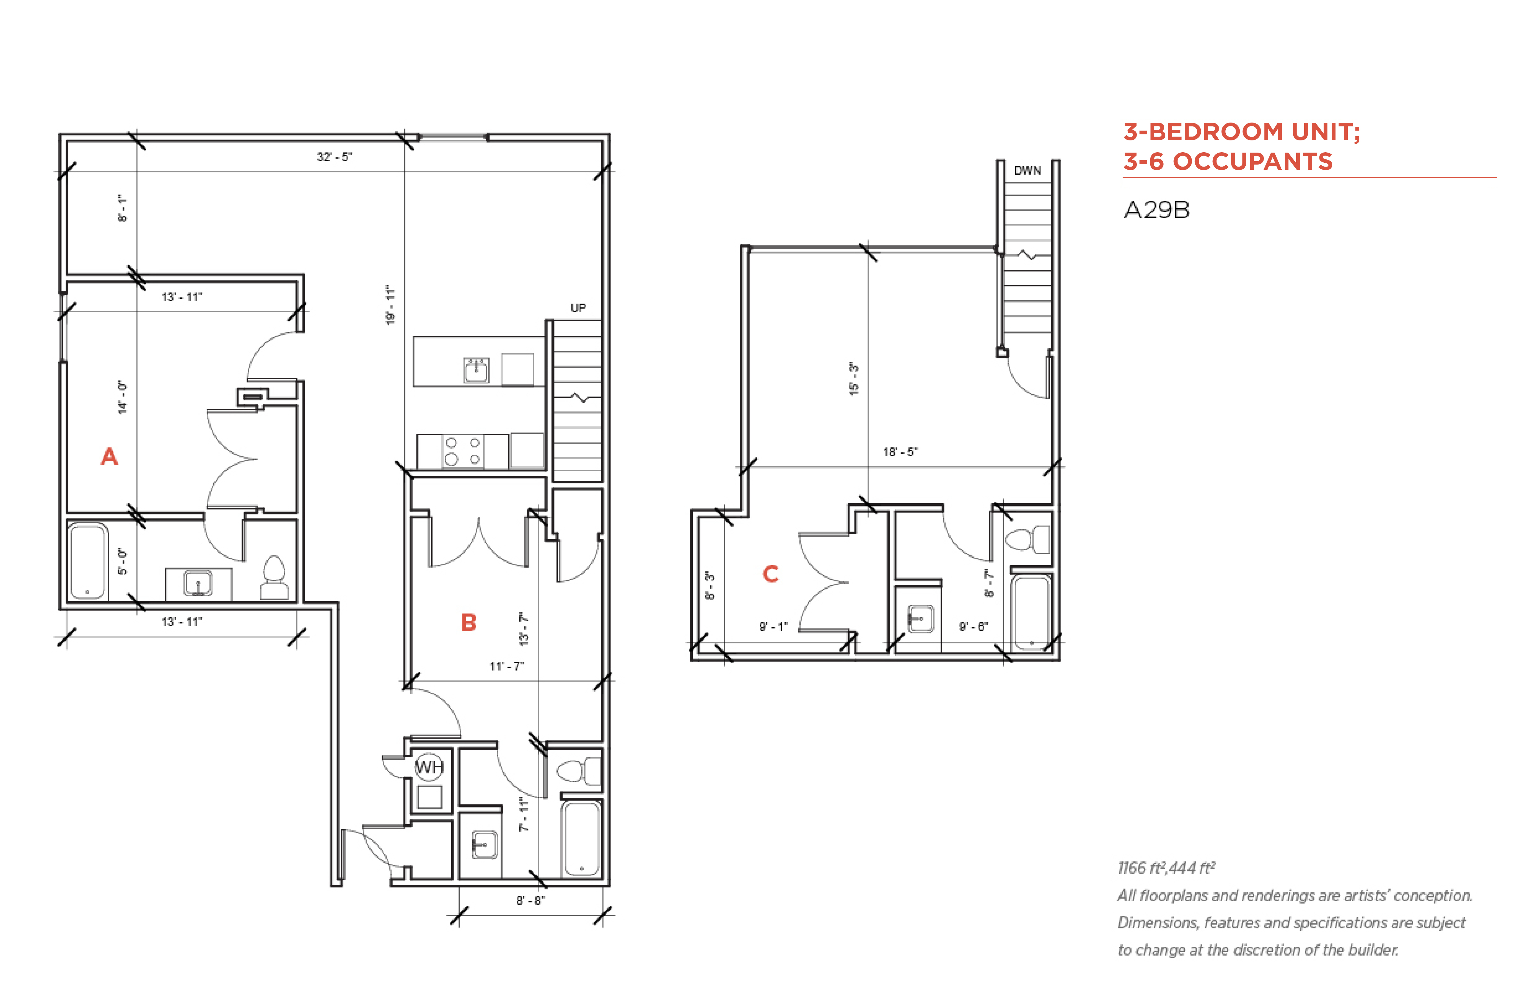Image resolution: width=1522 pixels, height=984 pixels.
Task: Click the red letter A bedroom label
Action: [x=109, y=456]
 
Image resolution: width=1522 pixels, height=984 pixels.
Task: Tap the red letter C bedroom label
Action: [x=771, y=574]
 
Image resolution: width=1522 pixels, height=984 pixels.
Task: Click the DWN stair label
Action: [x=1027, y=171]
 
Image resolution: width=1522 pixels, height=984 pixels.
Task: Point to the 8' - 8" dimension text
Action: [x=530, y=900]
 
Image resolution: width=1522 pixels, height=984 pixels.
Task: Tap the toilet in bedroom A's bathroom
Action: [x=274, y=578]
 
